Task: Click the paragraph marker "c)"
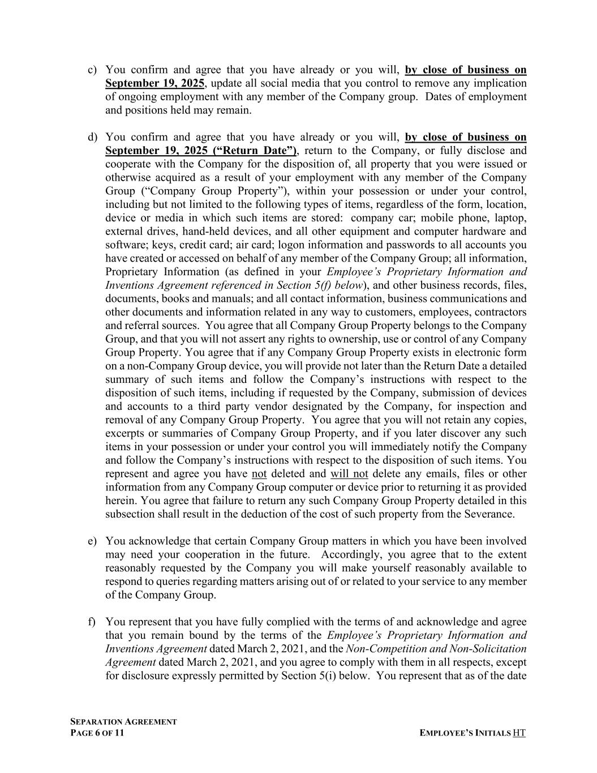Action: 92,70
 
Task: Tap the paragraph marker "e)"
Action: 92,541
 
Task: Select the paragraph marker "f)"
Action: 92,622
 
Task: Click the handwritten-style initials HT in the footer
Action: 519,733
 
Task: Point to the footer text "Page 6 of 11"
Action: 97,733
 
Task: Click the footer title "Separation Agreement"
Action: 123,721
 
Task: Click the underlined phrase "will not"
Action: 349,473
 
